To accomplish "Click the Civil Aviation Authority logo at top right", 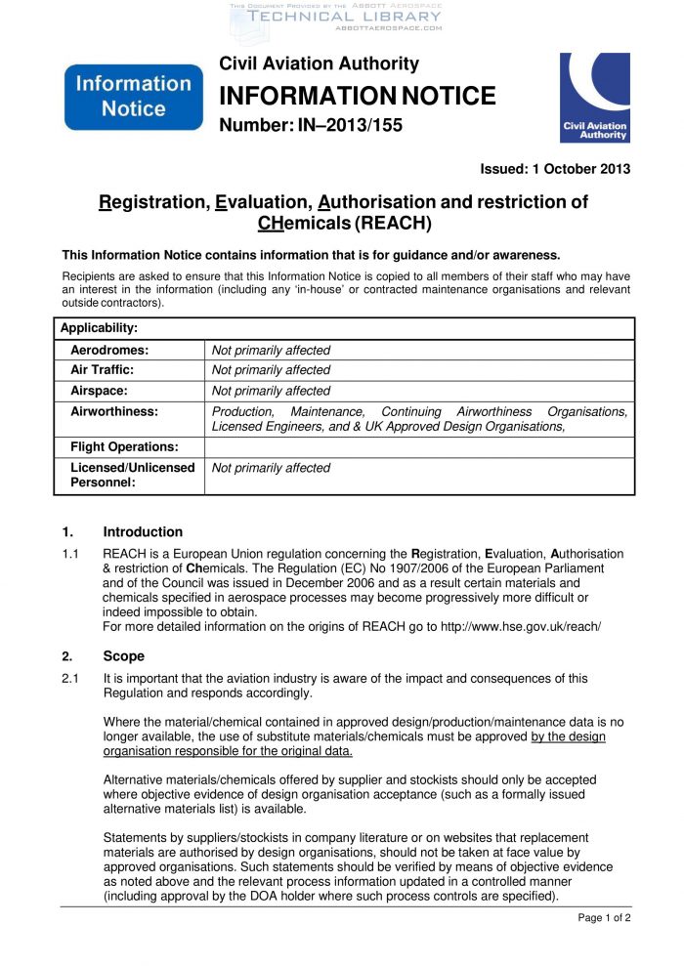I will coord(594,98).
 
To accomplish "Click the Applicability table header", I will coord(99,328).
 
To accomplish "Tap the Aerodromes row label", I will coord(109,350).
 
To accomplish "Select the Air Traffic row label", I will coord(103,370).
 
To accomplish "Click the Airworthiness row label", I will coord(114,411).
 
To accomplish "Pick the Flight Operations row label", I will coord(124,447).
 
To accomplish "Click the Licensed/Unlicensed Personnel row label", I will coord(132,475).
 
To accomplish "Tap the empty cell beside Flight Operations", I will coord(419,447).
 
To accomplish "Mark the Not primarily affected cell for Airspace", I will coord(272,391).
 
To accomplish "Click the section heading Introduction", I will coord(143,532).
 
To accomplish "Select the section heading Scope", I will coord(123,656).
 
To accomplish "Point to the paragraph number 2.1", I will coord(70,678).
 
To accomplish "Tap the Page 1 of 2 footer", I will coord(604,917).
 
